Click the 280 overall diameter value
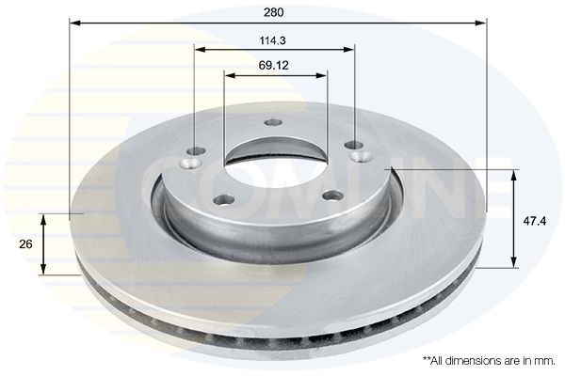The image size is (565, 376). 274,13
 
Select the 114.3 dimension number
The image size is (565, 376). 274,39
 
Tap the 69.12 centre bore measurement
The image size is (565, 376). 274,65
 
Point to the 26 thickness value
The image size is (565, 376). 26,243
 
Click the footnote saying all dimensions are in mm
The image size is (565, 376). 489,360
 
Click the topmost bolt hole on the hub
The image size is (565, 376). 274,121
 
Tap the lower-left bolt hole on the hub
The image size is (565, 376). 225,198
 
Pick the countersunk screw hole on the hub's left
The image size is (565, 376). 194,154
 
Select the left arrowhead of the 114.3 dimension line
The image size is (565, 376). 198,48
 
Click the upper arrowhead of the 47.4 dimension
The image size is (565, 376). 514,174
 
